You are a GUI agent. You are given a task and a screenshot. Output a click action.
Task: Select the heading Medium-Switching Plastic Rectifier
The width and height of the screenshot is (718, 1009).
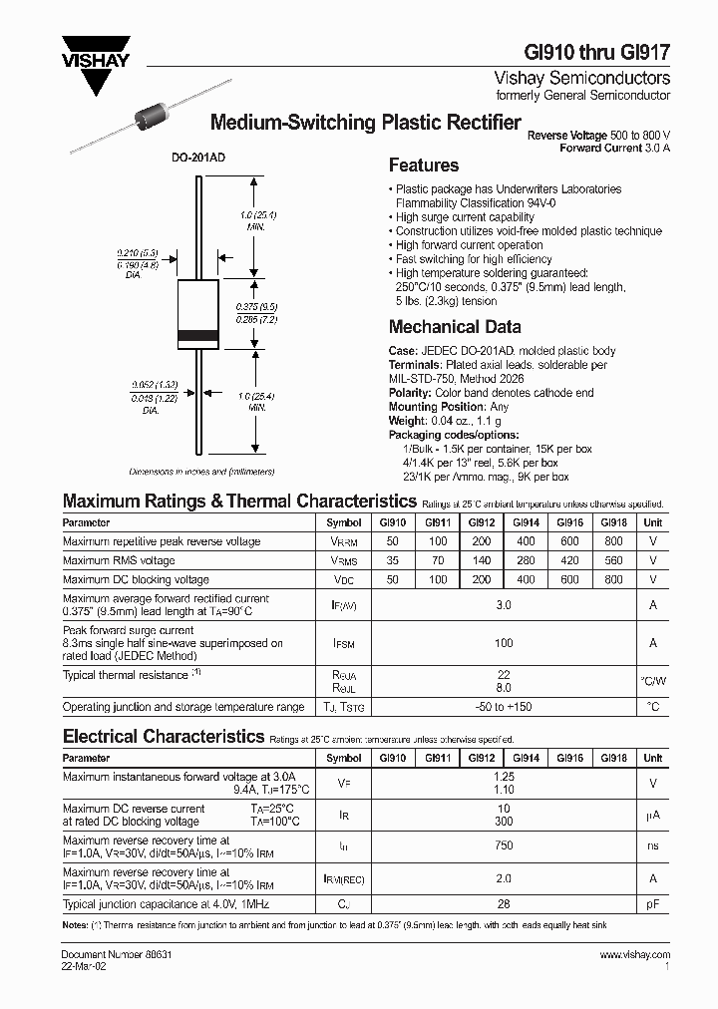365,124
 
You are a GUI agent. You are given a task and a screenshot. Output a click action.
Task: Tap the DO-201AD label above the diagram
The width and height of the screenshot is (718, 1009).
181,158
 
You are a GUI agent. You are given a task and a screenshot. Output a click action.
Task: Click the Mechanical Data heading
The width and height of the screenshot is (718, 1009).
454,327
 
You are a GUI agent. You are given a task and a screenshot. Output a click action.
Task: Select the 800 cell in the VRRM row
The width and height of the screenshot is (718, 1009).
613,541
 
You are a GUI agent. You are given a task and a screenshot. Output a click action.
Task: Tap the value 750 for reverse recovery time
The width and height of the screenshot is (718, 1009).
504,845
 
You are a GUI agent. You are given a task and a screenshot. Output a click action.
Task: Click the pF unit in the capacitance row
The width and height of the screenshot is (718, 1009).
653,904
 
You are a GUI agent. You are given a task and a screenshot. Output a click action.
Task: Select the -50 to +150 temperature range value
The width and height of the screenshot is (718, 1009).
504,707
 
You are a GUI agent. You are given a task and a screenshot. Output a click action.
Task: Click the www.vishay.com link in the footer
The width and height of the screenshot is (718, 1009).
635,955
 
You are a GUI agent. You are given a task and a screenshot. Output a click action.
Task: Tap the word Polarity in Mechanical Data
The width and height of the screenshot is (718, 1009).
409,393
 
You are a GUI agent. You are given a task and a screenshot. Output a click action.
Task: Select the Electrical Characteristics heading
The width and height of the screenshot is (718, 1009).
163,737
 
